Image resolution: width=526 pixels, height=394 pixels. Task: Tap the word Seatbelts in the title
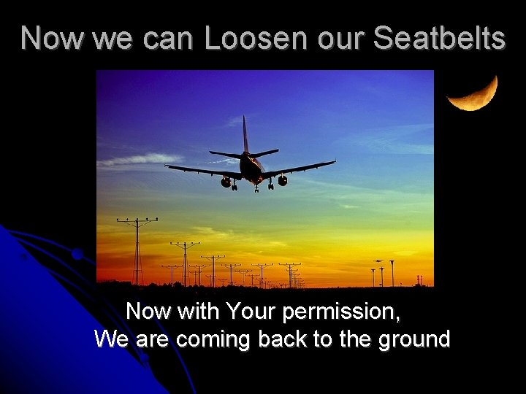439,38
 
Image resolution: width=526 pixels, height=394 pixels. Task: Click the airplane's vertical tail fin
245,135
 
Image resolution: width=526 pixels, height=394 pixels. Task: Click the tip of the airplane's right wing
333,162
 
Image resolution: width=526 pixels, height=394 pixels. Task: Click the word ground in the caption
416,340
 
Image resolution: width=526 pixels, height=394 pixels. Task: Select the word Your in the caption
251,312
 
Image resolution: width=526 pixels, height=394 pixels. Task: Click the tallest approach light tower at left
137,248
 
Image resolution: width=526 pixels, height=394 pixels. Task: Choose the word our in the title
340,38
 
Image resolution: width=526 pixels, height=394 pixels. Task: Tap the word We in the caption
110,340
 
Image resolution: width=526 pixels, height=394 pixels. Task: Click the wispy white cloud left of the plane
139,159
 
